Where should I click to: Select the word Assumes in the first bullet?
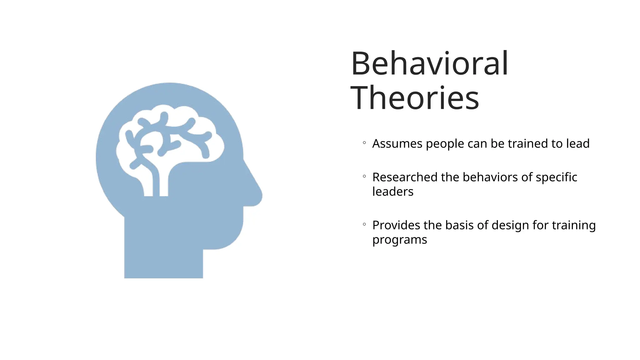coord(397,144)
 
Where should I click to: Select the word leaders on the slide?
coord(393,192)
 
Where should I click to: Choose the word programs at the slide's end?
coord(399,240)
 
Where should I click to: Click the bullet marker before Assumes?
coord(364,143)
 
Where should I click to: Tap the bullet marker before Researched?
coord(364,177)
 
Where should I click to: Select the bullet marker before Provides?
coord(364,224)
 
